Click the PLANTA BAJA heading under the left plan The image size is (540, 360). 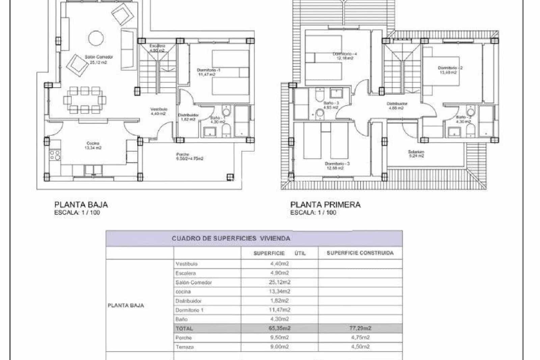(x=81, y=205)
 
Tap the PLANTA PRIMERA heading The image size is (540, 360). (x=325, y=205)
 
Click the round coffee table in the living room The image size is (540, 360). (x=96, y=38)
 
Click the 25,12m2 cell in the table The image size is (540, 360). (x=279, y=282)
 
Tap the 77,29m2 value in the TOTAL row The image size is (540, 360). (x=360, y=328)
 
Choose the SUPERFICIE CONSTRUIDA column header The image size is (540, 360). (x=360, y=253)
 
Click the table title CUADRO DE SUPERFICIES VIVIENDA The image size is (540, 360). (x=231, y=238)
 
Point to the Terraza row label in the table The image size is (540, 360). (x=185, y=347)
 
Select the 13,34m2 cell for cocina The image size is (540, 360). (x=279, y=291)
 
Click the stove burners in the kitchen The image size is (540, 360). (x=55, y=155)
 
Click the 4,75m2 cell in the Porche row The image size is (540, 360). (x=360, y=337)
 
